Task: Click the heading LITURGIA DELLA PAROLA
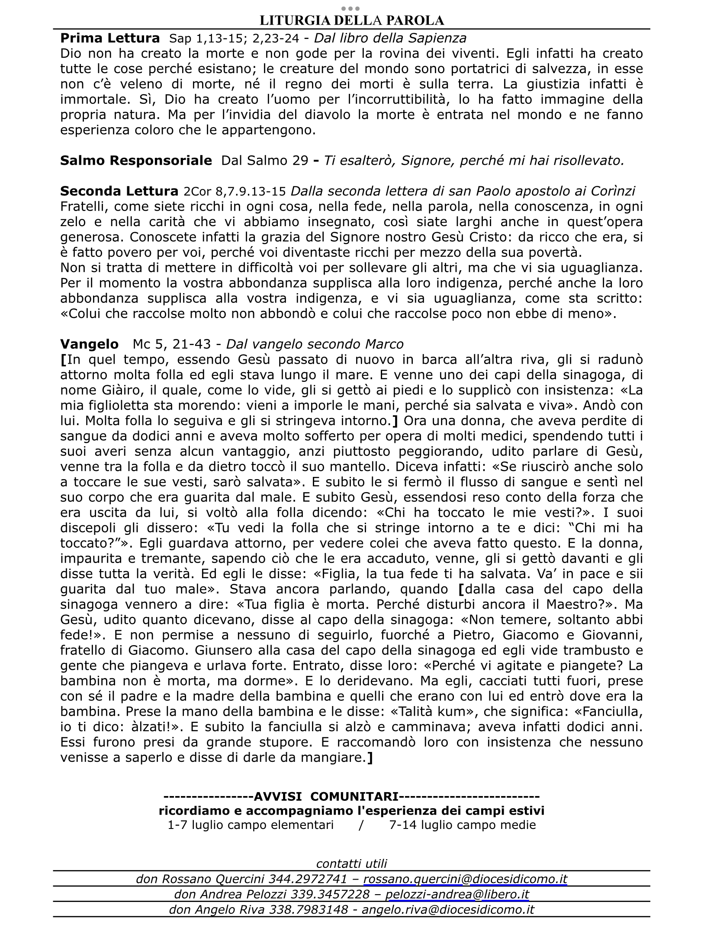click(x=351, y=20)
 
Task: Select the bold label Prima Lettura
click(x=110, y=38)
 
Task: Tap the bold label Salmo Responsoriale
click(x=136, y=161)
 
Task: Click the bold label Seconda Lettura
click(x=119, y=191)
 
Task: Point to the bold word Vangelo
click(x=89, y=344)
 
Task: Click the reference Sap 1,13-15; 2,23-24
click(x=234, y=39)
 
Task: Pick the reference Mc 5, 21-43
click(x=172, y=345)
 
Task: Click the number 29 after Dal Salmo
click(x=300, y=161)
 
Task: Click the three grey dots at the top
click(x=350, y=8)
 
